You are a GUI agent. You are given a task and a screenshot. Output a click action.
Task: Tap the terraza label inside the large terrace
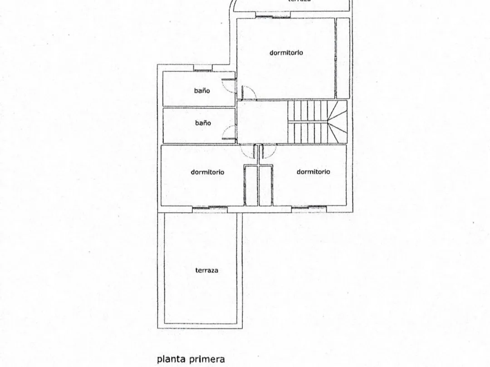pos(206,270)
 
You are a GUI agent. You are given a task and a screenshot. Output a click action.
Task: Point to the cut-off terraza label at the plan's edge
pos(299,1)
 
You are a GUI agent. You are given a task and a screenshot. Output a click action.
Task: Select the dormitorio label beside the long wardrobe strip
pos(286,53)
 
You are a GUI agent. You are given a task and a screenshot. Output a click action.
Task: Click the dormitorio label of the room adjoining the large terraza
pos(207,172)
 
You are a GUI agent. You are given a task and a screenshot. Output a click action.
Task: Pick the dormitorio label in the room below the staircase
pos(313,172)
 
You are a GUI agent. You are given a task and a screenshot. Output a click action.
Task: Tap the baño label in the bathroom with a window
pos(202,91)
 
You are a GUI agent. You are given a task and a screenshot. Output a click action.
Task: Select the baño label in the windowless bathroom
pos(203,123)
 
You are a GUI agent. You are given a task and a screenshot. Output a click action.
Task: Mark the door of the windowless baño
pos(230,132)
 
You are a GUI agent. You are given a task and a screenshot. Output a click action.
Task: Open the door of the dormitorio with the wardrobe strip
pos(248,93)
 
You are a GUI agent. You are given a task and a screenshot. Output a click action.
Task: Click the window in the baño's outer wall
pos(203,69)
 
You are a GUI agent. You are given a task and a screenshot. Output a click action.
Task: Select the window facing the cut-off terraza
pos(273,17)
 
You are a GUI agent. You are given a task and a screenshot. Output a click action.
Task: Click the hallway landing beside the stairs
pos(262,122)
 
